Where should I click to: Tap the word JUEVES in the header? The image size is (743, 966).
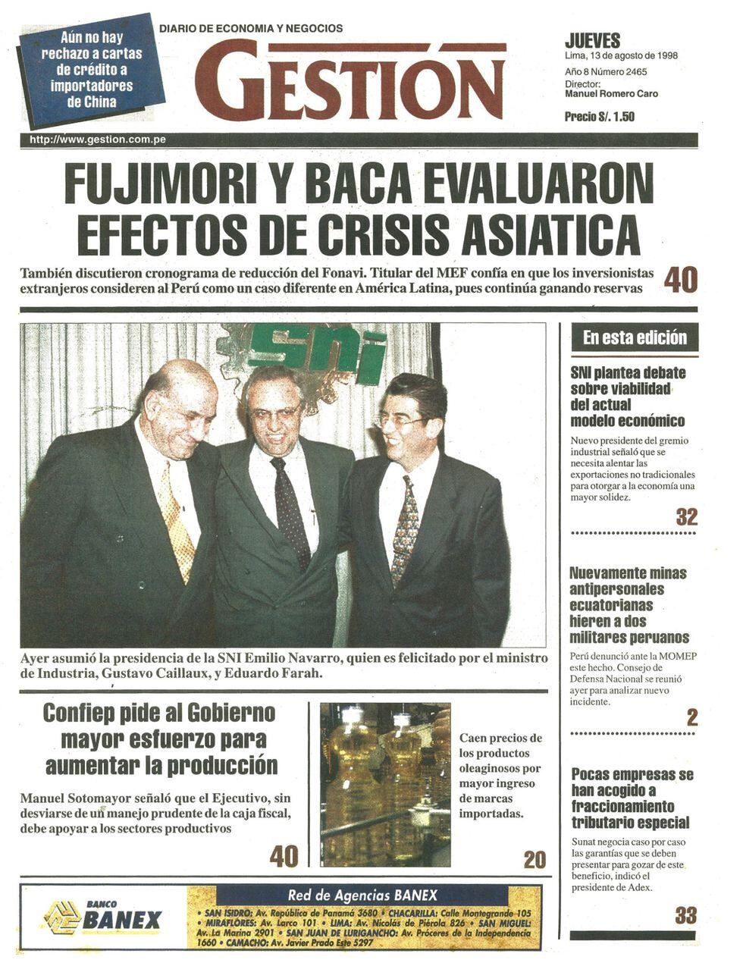[592, 41]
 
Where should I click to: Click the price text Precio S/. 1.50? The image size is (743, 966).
[599, 117]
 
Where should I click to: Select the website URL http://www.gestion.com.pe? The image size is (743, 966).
[97, 140]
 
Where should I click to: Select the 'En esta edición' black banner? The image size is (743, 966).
[634, 337]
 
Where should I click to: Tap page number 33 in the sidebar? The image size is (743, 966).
[685, 915]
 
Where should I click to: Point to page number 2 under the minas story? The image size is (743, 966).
[691, 717]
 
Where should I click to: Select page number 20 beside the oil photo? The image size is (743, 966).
[535, 860]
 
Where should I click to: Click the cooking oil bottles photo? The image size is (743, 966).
[385, 785]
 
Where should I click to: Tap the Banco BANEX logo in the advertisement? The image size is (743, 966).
[103, 918]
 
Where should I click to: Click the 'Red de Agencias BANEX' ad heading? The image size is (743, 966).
[362, 895]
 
